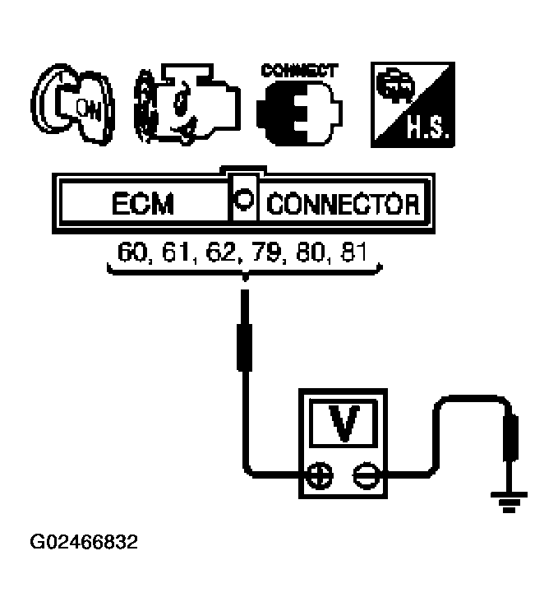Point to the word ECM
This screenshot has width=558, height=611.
point(144,203)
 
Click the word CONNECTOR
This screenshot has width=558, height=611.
point(344,203)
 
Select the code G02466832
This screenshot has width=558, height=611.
point(84,543)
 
